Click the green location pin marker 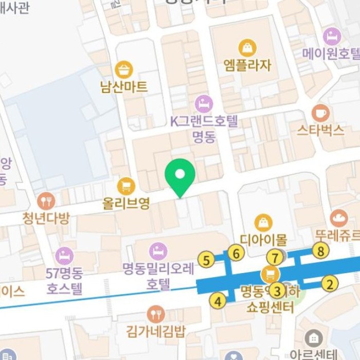[179, 175]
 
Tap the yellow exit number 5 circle [206, 260]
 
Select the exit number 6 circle [236, 253]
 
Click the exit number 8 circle [320, 251]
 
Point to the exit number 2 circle [330, 283]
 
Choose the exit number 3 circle [278, 291]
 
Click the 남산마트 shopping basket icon [123, 69]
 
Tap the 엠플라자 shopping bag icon [247, 48]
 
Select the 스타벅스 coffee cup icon [320, 113]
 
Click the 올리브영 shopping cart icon [125, 186]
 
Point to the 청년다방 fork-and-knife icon [46, 201]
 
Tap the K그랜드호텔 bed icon [204, 103]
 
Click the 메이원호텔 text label [330, 53]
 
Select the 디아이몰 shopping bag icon [263, 222]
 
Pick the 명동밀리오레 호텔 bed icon [158, 251]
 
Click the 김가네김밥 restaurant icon [155, 314]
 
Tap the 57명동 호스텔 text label [64, 281]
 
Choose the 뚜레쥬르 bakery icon [338, 219]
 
